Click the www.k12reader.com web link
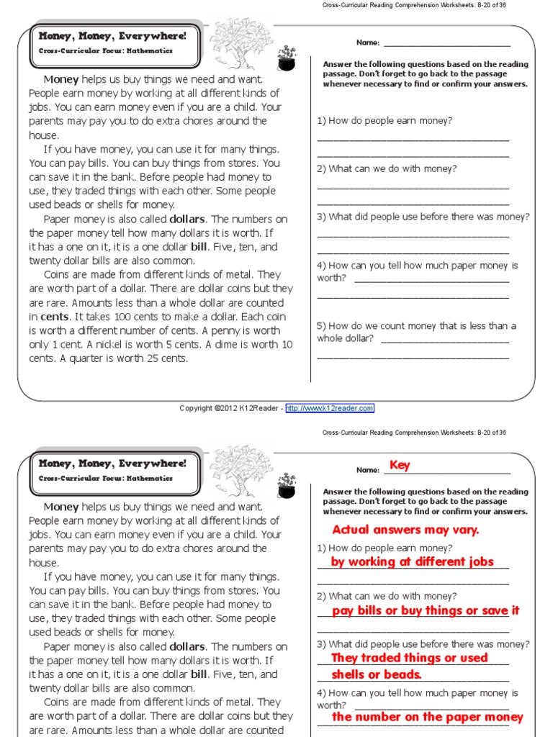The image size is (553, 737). click(330, 408)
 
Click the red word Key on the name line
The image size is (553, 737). click(400, 465)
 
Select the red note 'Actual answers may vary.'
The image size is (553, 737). click(405, 530)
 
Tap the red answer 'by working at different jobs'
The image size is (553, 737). click(412, 561)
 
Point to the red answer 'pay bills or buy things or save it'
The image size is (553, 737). click(426, 610)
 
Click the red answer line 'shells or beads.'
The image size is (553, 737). click(376, 674)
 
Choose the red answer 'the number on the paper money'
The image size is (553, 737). click(427, 717)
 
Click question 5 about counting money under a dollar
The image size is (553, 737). click(416, 332)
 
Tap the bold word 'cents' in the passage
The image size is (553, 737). click(55, 317)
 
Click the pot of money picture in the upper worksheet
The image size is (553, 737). click(286, 58)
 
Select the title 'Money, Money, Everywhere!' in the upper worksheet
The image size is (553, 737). click(112, 36)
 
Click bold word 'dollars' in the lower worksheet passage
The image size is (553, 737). click(187, 646)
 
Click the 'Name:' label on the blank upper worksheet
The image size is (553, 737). click(367, 42)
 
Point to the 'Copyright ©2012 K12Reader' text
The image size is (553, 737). click(230, 408)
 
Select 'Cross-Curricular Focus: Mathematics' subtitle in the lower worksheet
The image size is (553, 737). click(105, 477)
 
